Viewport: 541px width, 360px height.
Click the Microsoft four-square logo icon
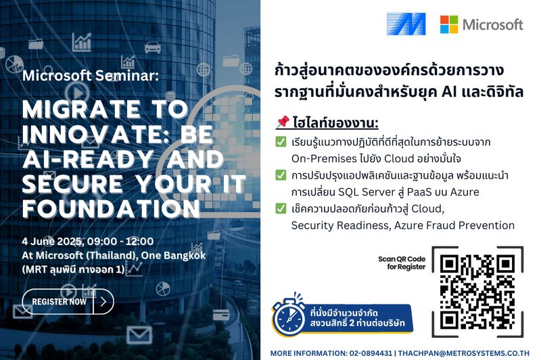click(x=448, y=24)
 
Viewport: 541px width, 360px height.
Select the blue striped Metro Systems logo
click(x=406, y=24)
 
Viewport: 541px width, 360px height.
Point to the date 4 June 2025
click(x=49, y=241)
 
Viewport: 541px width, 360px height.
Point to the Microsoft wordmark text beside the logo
click(x=492, y=24)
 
